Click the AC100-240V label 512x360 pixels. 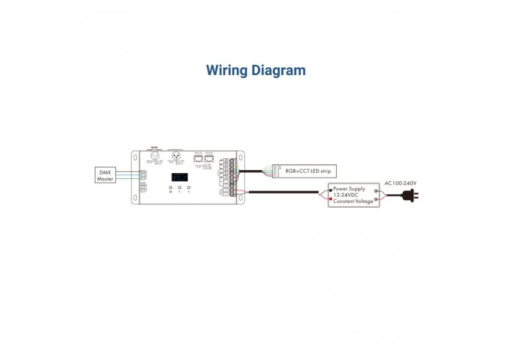400,183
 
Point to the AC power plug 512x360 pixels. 408,196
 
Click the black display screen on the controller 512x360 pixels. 180,177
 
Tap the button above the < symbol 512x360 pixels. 180,187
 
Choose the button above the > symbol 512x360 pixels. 188,187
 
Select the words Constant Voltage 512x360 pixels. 354,202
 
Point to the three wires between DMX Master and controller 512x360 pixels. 127,175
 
